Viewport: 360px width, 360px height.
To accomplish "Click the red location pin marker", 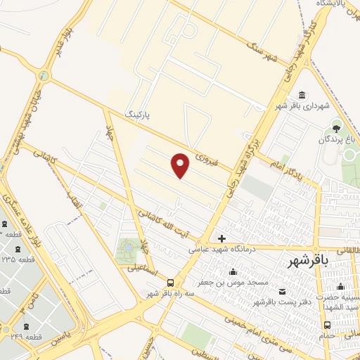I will (181, 165).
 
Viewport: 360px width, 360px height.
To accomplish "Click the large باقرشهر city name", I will (308, 261).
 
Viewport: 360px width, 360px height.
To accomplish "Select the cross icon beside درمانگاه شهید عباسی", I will (222, 238).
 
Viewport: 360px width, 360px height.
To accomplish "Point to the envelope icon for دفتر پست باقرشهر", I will (283, 292).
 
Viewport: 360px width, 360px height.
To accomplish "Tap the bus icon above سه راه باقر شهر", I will (170, 283).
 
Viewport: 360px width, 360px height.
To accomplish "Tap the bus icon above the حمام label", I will (327, 325).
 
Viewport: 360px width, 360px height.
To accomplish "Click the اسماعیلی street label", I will (143, 270).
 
